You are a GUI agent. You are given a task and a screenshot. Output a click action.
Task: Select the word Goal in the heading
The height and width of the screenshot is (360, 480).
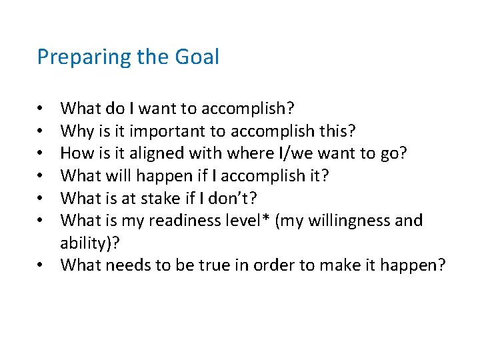[197, 57]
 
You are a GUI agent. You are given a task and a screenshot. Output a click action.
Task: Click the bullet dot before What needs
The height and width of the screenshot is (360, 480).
[41, 265]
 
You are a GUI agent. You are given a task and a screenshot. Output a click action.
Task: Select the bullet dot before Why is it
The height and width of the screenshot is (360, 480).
[41, 130]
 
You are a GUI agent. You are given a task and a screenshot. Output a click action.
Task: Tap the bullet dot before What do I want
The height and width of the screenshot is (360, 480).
[41, 107]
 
